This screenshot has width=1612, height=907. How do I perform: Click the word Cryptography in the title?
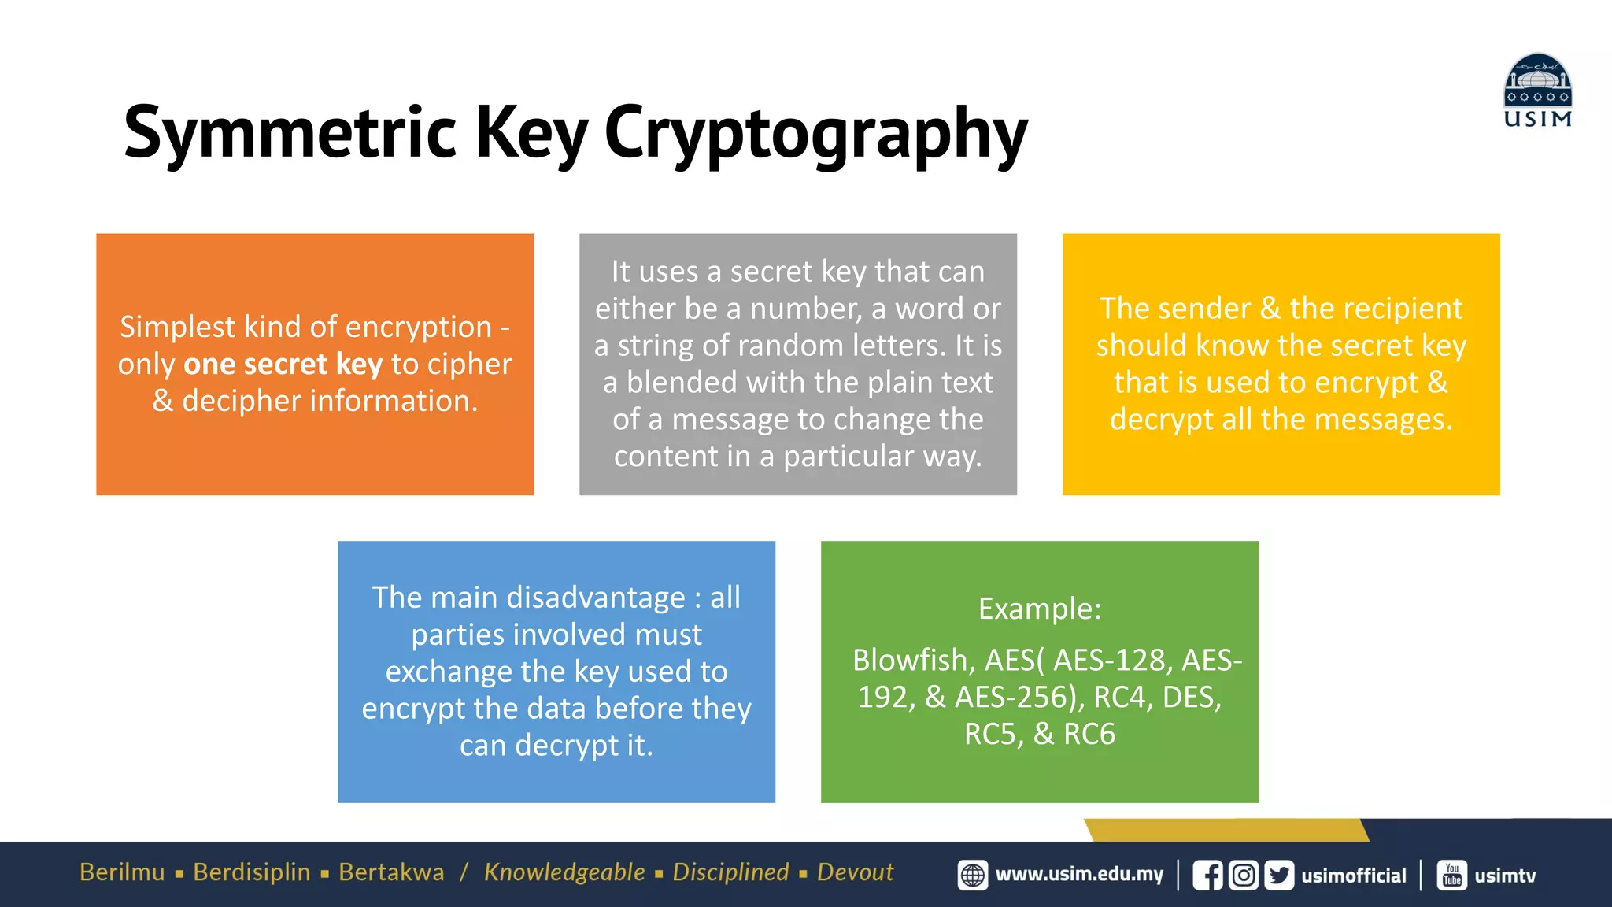[x=815, y=134]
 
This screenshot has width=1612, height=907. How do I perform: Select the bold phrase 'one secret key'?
[x=283, y=364]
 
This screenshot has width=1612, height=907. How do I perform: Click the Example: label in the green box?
[x=1039, y=609]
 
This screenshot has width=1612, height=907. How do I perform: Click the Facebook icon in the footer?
[x=1207, y=876]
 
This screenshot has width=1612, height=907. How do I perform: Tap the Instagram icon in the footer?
[x=1244, y=876]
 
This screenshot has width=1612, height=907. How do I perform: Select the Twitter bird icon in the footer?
[x=1279, y=876]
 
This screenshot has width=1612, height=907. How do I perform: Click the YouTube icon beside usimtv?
[x=1452, y=876]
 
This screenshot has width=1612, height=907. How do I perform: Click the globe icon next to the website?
[x=973, y=876]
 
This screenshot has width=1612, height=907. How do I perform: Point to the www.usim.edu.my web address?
[x=1079, y=875]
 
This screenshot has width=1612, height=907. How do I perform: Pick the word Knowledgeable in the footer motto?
[x=564, y=872]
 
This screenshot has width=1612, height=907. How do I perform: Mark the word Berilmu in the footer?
[x=122, y=872]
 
